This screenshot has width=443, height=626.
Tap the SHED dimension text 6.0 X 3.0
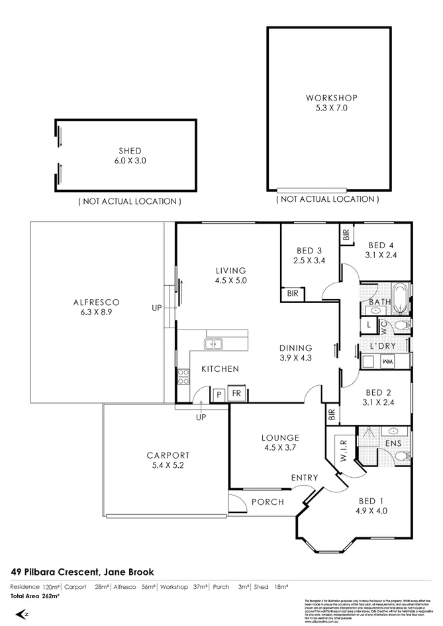point(130,160)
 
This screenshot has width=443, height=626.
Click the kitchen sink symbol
point(213,343)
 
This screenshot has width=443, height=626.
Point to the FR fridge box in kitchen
point(236,394)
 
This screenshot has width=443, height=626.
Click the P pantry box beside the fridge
point(219,394)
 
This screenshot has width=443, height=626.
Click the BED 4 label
point(381,244)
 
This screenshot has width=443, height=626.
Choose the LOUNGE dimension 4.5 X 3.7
point(280,448)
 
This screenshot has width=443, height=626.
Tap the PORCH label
point(268,502)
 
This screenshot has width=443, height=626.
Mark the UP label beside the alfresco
point(157,308)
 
